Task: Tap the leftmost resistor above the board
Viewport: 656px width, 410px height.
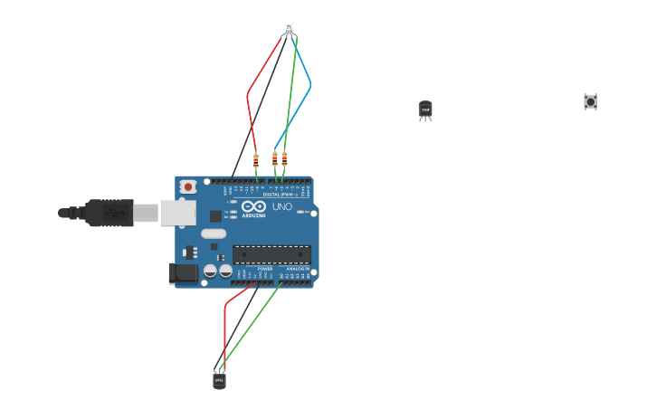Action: coord(256,161)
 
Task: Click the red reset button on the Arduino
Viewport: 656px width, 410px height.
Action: coord(188,186)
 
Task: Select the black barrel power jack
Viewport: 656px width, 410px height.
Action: coord(184,272)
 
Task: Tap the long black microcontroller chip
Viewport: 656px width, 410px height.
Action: coord(271,254)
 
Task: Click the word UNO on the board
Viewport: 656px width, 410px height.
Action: coord(282,207)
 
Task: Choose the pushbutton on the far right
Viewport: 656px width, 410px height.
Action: coord(591,101)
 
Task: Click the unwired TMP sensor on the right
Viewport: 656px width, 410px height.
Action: coord(425,110)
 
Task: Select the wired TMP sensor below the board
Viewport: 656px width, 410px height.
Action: coord(219,381)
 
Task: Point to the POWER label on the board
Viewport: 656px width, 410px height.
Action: coord(265,269)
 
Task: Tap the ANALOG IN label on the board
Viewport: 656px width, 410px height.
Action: coord(297,269)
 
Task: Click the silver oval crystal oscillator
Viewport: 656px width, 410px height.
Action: coord(214,234)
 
